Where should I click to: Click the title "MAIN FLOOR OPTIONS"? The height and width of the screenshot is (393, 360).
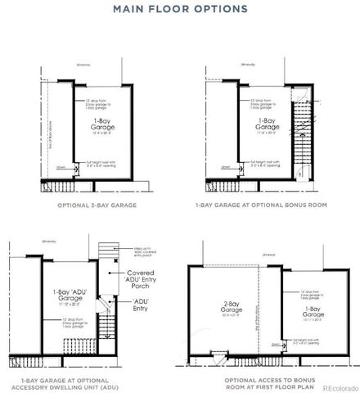tap(180, 10)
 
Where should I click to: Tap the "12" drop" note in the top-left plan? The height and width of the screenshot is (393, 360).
tap(99, 104)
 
